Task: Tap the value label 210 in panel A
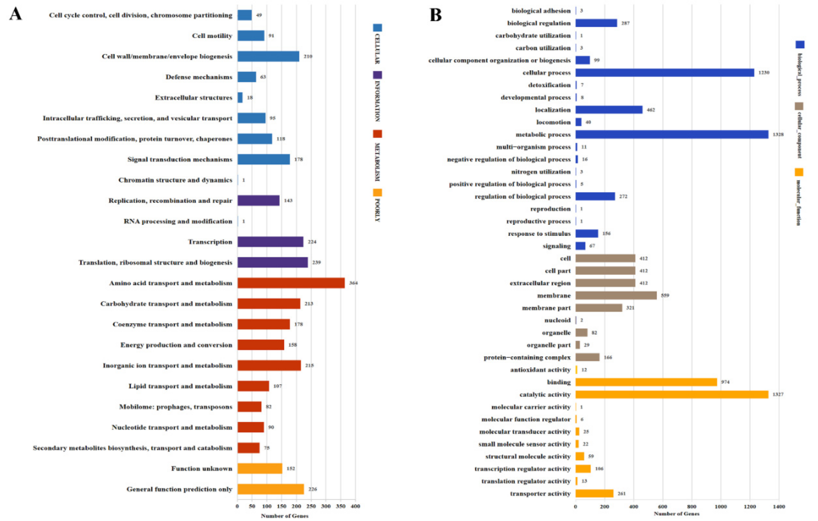pyautogui.click(x=308, y=56)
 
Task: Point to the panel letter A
pyautogui.click(x=15, y=14)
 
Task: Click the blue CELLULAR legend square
pyautogui.click(x=377, y=28)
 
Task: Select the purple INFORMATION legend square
pyautogui.click(x=377, y=75)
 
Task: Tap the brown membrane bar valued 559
pyautogui.click(x=616, y=295)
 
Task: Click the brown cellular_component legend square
pyautogui.click(x=799, y=106)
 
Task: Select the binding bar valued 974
pyautogui.click(x=646, y=382)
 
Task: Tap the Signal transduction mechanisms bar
pyautogui.click(x=264, y=159)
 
